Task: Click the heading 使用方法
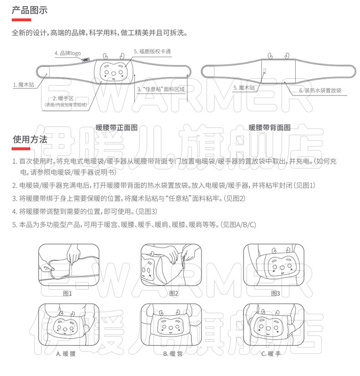pyautogui.click(x=30, y=140)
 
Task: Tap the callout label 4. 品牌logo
pyautogui.click(x=67, y=53)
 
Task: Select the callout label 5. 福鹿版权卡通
pyautogui.click(x=152, y=51)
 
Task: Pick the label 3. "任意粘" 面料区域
pyautogui.click(x=162, y=90)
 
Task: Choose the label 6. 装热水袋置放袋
pyautogui.click(x=320, y=90)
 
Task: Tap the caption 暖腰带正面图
pyautogui.click(x=117, y=128)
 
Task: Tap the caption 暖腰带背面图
pyautogui.click(x=270, y=128)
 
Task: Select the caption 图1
pyautogui.click(x=67, y=293)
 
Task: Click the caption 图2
pyautogui.click(x=173, y=293)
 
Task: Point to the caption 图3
pyautogui.click(x=275, y=293)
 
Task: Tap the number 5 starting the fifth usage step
pyautogui.click(x=15, y=224)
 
